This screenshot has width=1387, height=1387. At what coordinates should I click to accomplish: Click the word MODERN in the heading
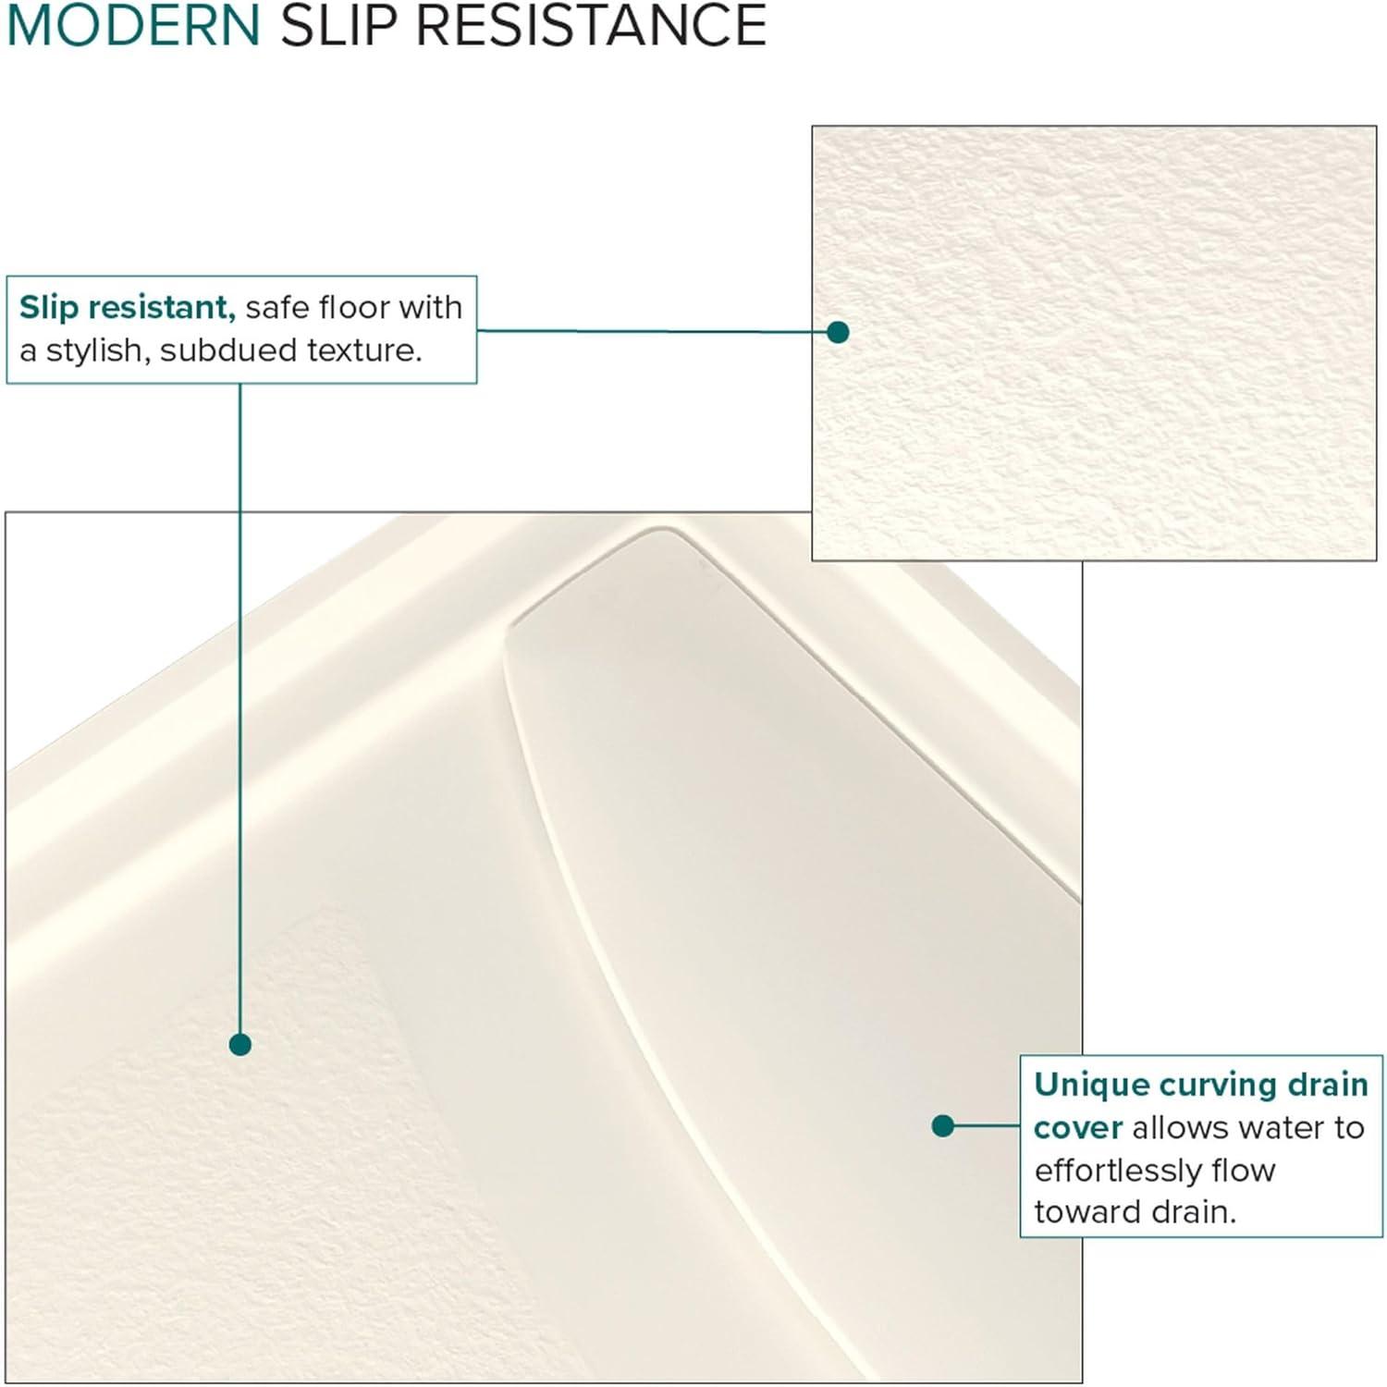pos(134,25)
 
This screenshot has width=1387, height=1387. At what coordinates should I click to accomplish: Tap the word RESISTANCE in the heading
pos(591,25)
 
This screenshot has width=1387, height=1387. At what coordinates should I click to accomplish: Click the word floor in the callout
pos(353,307)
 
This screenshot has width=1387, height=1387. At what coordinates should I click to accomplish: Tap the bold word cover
pos(1077,1128)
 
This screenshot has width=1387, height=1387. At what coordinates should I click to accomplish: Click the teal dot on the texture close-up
pos(838,332)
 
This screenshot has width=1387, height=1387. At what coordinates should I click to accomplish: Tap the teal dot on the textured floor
pos(240,1045)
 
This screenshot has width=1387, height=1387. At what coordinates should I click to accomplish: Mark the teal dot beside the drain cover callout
pos(942,1125)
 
